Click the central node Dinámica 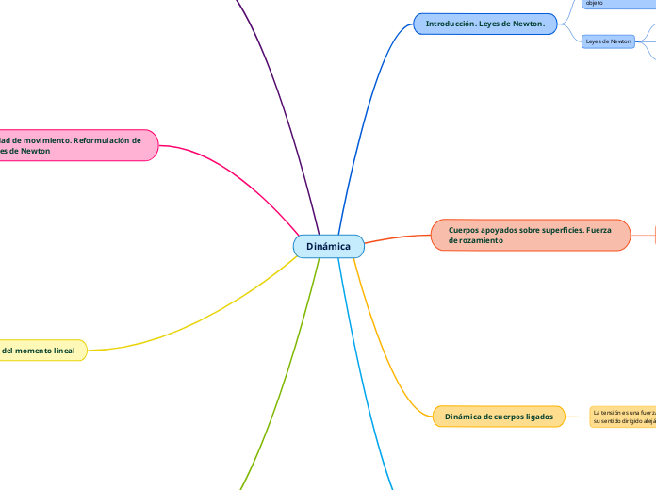[328, 247]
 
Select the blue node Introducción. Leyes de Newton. [484, 24]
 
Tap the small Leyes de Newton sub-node [608, 41]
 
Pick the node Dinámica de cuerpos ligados [499, 416]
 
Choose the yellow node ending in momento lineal [42, 351]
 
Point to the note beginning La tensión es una [622, 416]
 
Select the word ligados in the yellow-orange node [534, 416]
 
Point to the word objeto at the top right [594, 4]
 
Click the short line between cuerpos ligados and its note [577, 416]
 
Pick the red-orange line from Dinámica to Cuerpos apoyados [396, 237]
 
